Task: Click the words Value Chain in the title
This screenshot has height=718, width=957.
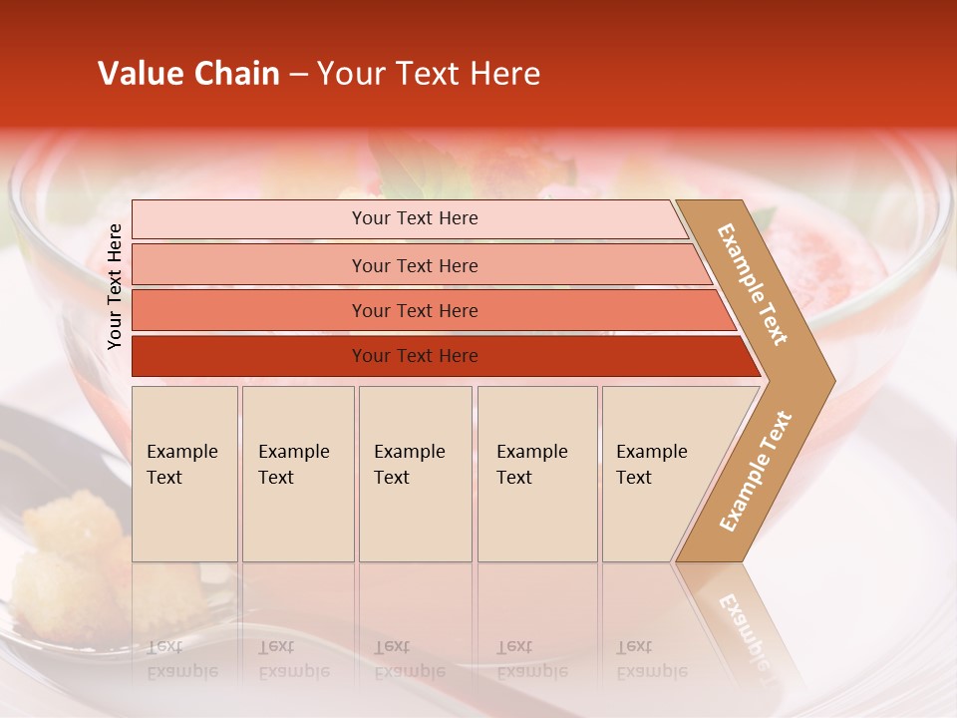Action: tap(188, 74)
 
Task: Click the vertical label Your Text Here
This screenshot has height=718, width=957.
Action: tap(115, 286)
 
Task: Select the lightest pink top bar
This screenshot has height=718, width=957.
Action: tap(249, 219)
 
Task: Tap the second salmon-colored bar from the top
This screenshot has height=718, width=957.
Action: tap(249, 265)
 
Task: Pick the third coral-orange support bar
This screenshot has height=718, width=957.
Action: tap(249, 310)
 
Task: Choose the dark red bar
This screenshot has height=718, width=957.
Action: tap(249, 356)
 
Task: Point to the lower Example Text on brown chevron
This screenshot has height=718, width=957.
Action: tap(756, 471)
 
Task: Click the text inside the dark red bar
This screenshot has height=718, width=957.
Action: tap(415, 356)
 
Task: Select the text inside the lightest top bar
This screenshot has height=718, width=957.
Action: tap(415, 218)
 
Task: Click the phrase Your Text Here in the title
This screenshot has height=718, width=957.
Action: tap(429, 74)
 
